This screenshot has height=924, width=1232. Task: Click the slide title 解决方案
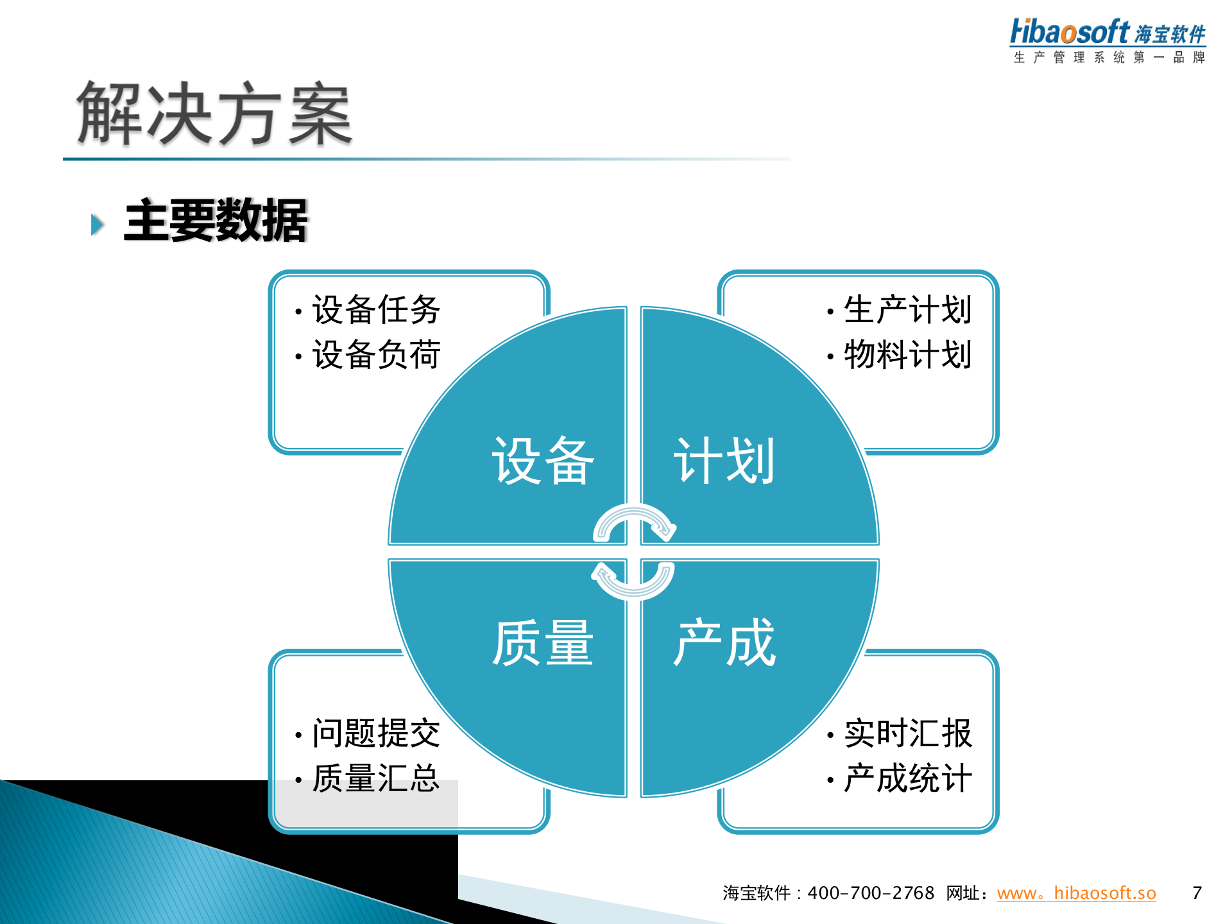pos(214,114)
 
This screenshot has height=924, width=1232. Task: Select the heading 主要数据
pos(216,221)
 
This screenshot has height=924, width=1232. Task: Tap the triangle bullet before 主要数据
pos(98,225)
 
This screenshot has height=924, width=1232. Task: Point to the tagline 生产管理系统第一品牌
pos(1109,57)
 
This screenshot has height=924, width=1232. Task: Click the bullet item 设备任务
pos(376,310)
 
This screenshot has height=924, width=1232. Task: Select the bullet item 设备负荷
pos(376,355)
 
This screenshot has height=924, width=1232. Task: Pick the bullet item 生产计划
pos(907,310)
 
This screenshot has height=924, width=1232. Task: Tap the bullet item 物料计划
pos(907,355)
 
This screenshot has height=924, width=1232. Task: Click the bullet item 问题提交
pos(376,733)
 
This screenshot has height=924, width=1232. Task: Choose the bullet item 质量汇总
pos(376,778)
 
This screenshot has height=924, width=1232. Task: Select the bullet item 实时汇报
pos(907,733)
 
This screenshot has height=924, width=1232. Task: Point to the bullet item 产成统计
pos(907,778)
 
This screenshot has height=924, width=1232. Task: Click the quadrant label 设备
pos(543,461)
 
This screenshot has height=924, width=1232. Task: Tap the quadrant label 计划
pos(724,461)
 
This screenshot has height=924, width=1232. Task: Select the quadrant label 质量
pos(543,643)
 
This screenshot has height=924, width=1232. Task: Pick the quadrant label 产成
pos(724,643)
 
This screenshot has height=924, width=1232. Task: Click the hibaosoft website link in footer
pos(1076,893)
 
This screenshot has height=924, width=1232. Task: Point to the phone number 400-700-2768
pos(871,893)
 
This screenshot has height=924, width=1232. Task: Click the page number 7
pos(1197,893)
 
